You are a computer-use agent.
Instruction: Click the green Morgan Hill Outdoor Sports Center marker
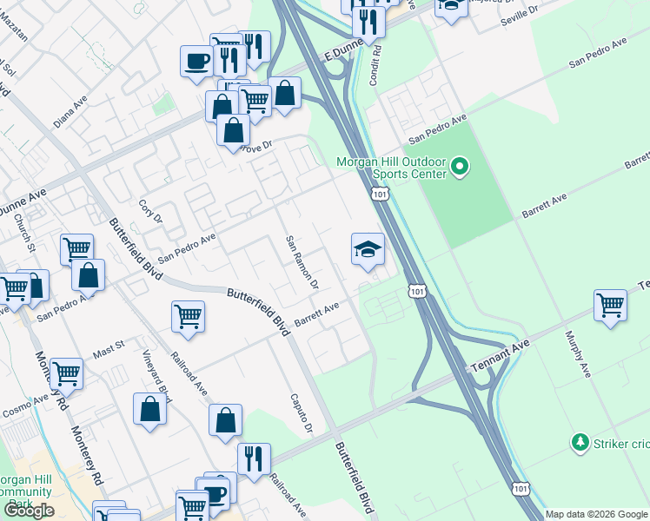461,165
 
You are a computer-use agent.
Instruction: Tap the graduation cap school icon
368,250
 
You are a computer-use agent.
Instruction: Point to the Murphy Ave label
577,353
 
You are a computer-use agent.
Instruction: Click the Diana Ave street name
70,112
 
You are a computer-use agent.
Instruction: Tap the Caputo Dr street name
301,412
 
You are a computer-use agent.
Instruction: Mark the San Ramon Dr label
302,261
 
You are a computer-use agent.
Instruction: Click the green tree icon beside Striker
580,444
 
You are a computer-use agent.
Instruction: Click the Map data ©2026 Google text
595,514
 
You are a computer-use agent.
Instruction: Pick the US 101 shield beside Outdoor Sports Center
381,195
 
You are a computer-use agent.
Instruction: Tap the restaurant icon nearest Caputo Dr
254,458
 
